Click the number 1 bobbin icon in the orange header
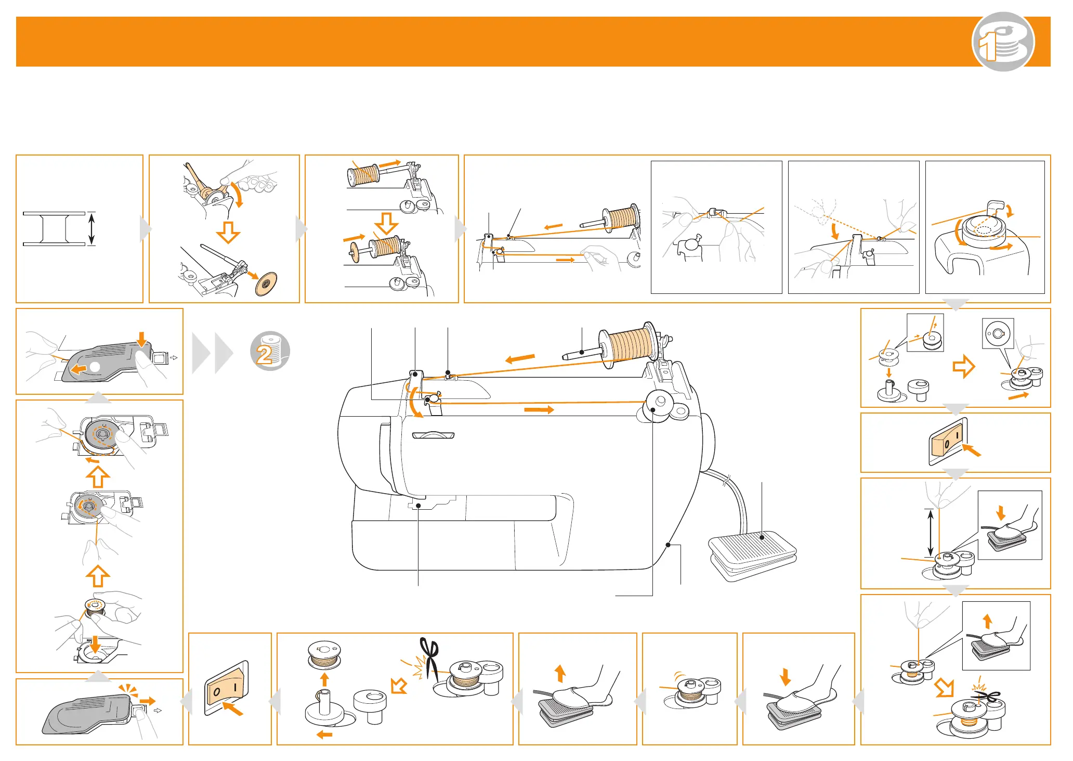point(1003,42)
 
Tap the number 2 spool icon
point(270,351)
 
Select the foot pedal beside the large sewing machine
point(752,554)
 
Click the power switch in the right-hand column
point(948,442)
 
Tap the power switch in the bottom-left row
point(227,688)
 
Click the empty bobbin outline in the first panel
point(54,229)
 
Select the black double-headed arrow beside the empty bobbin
point(91,228)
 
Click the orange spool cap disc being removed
point(266,283)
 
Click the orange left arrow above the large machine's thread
point(520,358)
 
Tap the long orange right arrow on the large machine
point(539,410)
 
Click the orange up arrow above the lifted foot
point(560,673)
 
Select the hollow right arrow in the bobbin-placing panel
point(964,366)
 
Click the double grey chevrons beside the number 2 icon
point(213,353)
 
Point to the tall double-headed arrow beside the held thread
point(931,533)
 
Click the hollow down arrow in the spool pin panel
point(386,223)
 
